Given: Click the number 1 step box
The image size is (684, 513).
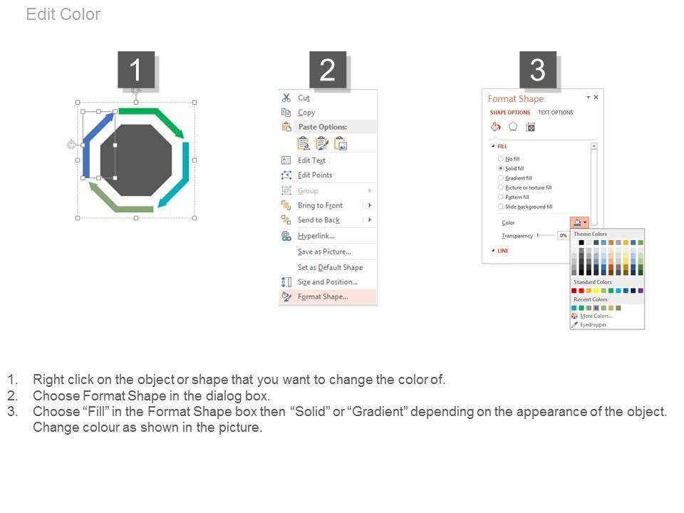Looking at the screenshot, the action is coord(136,70).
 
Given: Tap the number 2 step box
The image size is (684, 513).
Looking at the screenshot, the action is coord(328,70).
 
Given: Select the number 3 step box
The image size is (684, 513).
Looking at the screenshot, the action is coord(537,70).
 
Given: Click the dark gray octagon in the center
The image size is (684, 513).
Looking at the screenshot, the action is coord(136,160).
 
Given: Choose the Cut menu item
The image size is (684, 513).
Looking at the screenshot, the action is coord(304,98).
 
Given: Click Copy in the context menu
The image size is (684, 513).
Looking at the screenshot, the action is coord(306,113).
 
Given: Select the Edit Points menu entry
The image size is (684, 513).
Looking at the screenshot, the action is coord(315,175).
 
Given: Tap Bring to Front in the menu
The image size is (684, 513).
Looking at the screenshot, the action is coord(320,205).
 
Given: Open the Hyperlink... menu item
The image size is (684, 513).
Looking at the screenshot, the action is coord(316,236).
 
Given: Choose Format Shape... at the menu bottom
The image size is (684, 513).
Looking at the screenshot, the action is coord(323,296).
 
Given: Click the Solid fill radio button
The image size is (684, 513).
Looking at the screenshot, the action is coord(500,168).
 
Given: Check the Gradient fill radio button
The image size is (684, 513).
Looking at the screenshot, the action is coord(500,178).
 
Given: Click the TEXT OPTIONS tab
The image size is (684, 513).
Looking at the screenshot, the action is coord(555,113).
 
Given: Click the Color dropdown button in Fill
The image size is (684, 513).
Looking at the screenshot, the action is coord(579,222).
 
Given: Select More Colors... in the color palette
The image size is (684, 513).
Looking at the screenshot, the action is coord(596,316).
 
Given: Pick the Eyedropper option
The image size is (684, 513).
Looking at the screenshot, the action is coord(594,325).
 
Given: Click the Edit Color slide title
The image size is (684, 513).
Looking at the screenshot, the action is coord(63,14).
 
